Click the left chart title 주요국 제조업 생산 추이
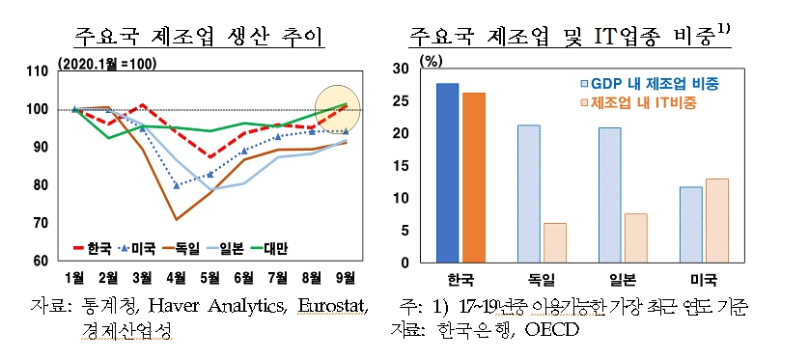point(199,38)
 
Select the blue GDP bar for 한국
point(447,173)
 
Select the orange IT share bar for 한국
point(474,178)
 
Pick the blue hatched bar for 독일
point(528,193)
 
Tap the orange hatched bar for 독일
point(555,242)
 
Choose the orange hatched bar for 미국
point(716,220)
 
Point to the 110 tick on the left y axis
point(38,71)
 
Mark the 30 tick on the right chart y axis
point(409,69)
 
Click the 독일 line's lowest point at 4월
point(176,220)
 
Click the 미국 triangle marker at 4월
point(176,185)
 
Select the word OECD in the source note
point(550,330)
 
